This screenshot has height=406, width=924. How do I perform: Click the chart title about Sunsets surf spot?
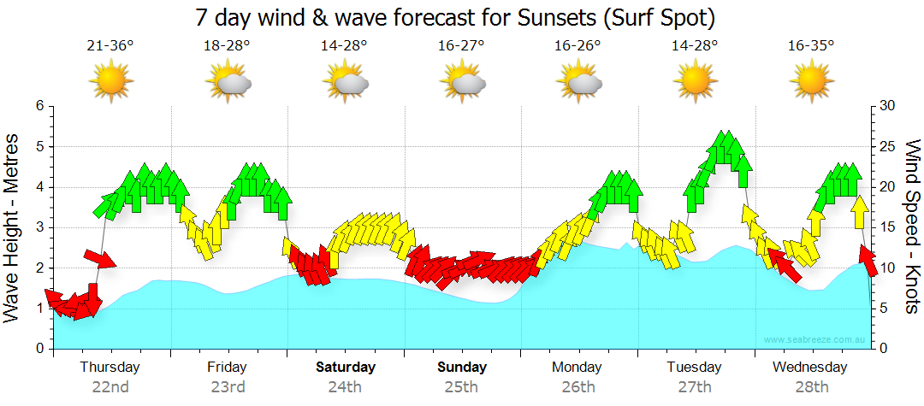click(454, 17)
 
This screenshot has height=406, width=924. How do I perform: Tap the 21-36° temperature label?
click(110, 46)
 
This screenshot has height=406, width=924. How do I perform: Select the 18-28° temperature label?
click(227, 46)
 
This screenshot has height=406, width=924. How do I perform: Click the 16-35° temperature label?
click(811, 46)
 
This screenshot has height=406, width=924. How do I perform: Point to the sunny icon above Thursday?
click(110, 82)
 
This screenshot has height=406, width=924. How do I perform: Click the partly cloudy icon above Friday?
click(228, 82)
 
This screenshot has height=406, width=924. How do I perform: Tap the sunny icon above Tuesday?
click(695, 82)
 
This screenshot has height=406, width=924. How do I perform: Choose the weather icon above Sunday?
click(462, 82)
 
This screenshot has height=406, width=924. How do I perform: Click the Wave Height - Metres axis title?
click(13, 227)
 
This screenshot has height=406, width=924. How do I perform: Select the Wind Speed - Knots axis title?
click(911, 227)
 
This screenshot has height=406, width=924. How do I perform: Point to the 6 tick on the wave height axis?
click(38, 106)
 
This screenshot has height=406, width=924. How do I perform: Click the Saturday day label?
click(345, 368)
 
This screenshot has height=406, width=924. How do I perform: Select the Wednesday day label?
click(810, 368)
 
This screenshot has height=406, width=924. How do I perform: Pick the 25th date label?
click(461, 387)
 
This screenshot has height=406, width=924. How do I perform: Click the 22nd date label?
click(110, 387)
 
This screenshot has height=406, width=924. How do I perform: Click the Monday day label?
click(577, 368)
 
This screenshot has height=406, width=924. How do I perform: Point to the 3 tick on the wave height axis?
click(38, 227)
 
